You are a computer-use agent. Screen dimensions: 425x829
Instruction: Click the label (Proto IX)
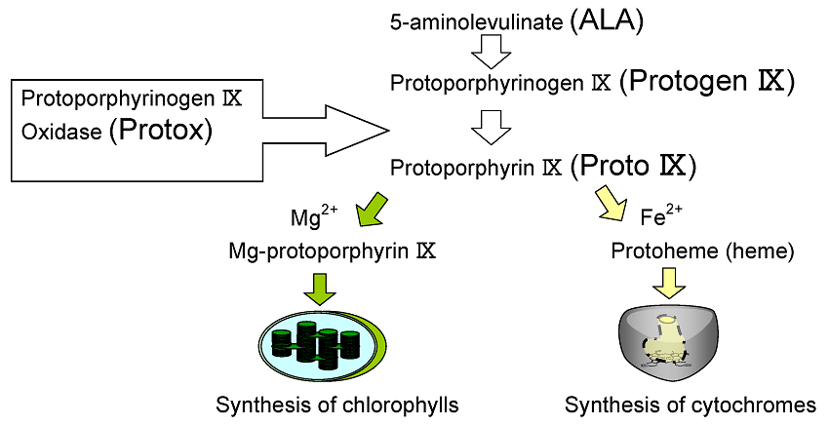point(633,167)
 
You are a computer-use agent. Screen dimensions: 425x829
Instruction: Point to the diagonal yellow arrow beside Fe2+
point(612,206)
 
